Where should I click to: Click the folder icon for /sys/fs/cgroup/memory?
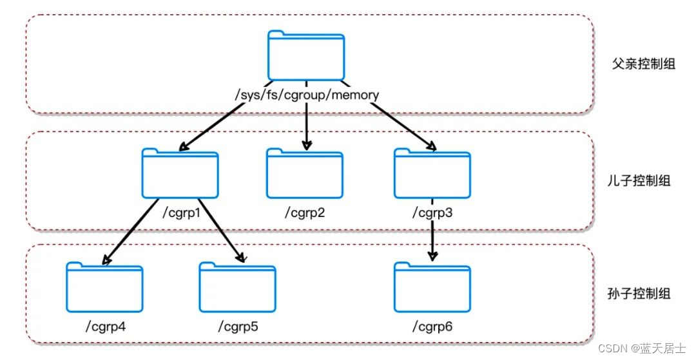306,55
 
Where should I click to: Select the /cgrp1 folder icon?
180,173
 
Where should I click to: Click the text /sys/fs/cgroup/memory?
306,95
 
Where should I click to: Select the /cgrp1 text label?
182,213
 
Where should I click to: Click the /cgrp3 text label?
432,213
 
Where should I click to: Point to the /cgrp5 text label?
238,327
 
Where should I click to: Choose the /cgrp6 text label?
432,327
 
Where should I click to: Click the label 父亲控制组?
643,64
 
